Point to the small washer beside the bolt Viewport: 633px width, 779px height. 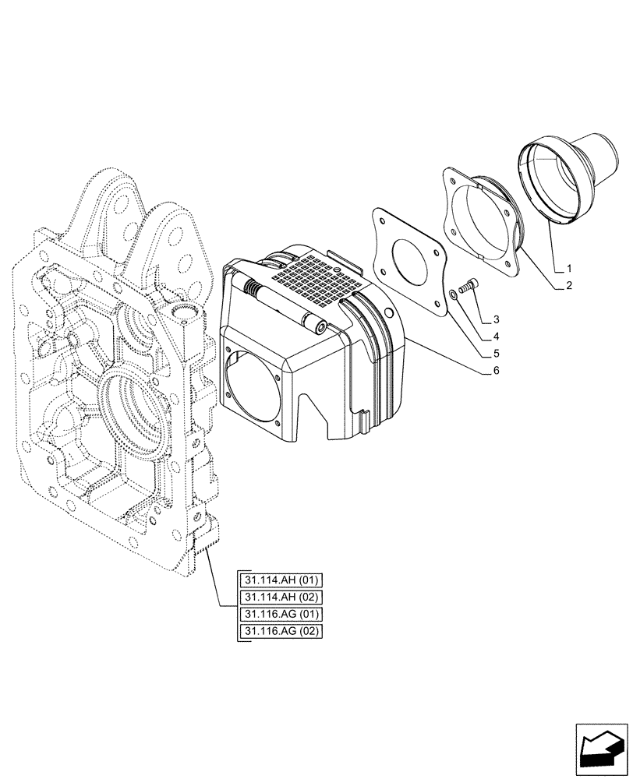[454, 295]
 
